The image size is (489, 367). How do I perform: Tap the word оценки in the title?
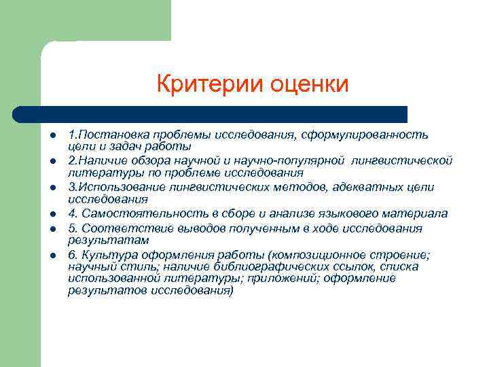point(310,84)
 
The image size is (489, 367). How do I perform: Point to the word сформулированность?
point(372,134)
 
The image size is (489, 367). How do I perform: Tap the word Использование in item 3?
point(115,187)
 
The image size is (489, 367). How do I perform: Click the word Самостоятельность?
point(139,213)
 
